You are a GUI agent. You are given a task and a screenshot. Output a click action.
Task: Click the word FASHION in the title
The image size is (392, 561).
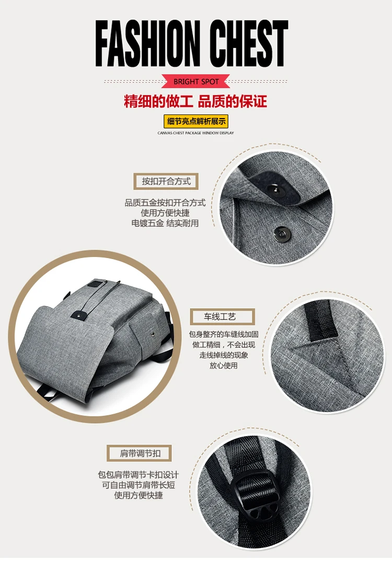click(147, 43)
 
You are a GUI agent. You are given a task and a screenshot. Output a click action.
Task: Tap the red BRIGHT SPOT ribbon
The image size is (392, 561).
click(196, 81)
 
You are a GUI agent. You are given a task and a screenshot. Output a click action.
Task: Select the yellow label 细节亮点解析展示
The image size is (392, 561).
click(196, 121)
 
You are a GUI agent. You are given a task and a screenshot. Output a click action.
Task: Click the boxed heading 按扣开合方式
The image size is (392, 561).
click(166, 181)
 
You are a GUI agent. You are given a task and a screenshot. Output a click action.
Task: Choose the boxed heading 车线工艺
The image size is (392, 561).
click(222, 317)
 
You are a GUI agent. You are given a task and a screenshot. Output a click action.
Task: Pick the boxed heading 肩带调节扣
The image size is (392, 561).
click(139, 453)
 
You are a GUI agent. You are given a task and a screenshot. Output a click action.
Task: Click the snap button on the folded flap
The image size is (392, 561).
click(276, 189)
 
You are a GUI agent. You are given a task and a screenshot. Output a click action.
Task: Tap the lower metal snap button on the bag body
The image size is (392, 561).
click(282, 233)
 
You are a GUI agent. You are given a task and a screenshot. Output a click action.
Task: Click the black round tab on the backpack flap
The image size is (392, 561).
click(77, 315)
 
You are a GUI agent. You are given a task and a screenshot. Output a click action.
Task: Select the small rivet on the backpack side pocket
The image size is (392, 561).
click(153, 333)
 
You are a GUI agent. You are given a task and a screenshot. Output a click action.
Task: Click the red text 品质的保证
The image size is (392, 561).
click(233, 102)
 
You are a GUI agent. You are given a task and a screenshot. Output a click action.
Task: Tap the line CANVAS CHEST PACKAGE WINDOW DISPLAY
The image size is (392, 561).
click(196, 133)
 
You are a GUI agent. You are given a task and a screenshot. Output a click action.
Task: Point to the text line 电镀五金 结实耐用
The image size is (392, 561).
click(165, 223)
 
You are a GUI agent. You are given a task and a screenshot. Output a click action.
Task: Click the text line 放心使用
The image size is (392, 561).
click(224, 366)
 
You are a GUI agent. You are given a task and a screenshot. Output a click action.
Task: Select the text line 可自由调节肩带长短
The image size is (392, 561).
click(139, 485)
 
